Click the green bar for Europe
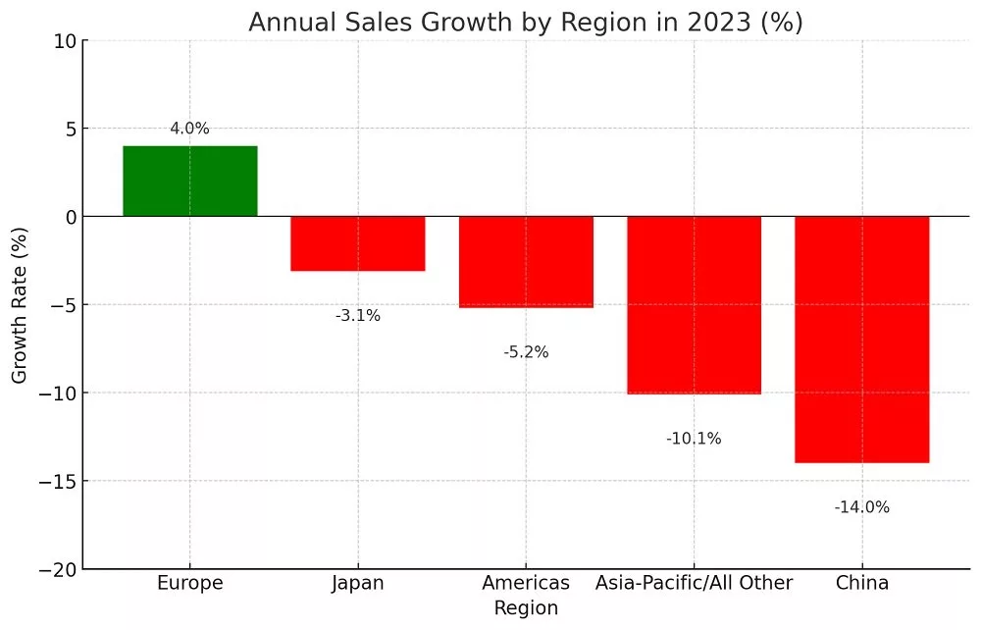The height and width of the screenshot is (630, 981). [190, 182]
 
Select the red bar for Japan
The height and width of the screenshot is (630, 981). [358, 243]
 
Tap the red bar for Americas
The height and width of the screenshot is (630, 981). [526, 262]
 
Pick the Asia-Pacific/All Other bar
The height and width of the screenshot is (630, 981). [695, 305]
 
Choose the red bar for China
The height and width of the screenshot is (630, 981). [862, 340]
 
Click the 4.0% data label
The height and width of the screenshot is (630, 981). [189, 129]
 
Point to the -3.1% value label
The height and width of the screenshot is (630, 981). [358, 315]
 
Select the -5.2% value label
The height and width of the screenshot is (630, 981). [526, 352]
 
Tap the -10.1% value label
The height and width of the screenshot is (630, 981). [694, 439]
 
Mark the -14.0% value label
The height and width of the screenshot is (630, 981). [862, 507]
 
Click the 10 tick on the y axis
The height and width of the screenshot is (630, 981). [65, 42]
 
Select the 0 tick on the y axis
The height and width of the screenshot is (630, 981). [71, 218]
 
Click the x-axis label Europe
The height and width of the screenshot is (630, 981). [190, 583]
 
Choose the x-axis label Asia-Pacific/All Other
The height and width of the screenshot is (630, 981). [694, 583]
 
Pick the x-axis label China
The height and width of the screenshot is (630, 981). [862, 583]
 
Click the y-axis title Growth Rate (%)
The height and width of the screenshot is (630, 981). [20, 305]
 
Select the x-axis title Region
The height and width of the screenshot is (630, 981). [526, 608]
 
